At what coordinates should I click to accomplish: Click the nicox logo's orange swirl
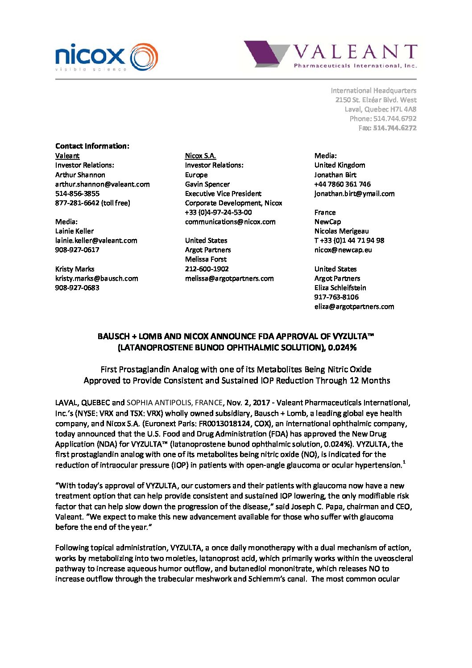point(144,57)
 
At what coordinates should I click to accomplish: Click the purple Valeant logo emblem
point(266,54)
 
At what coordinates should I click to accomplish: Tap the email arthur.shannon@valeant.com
point(102,184)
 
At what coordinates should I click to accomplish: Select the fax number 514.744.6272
point(394,128)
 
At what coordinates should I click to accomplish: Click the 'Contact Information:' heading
point(92,146)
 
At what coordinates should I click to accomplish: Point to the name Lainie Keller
point(75,231)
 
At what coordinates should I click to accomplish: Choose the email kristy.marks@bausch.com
point(96,278)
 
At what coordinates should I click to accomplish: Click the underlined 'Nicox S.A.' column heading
point(200,156)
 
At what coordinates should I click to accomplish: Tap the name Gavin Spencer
point(207,184)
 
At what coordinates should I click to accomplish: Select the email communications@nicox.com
point(230,222)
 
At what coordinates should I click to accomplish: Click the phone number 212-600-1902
point(207,269)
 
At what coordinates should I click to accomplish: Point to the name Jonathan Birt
point(335,175)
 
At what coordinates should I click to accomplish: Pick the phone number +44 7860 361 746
point(342,184)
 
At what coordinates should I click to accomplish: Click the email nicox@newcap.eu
point(343,250)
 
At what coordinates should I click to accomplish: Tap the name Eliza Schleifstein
point(340,288)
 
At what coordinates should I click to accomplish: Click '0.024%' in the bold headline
point(342,348)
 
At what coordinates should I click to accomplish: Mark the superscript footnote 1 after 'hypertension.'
point(404,462)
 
